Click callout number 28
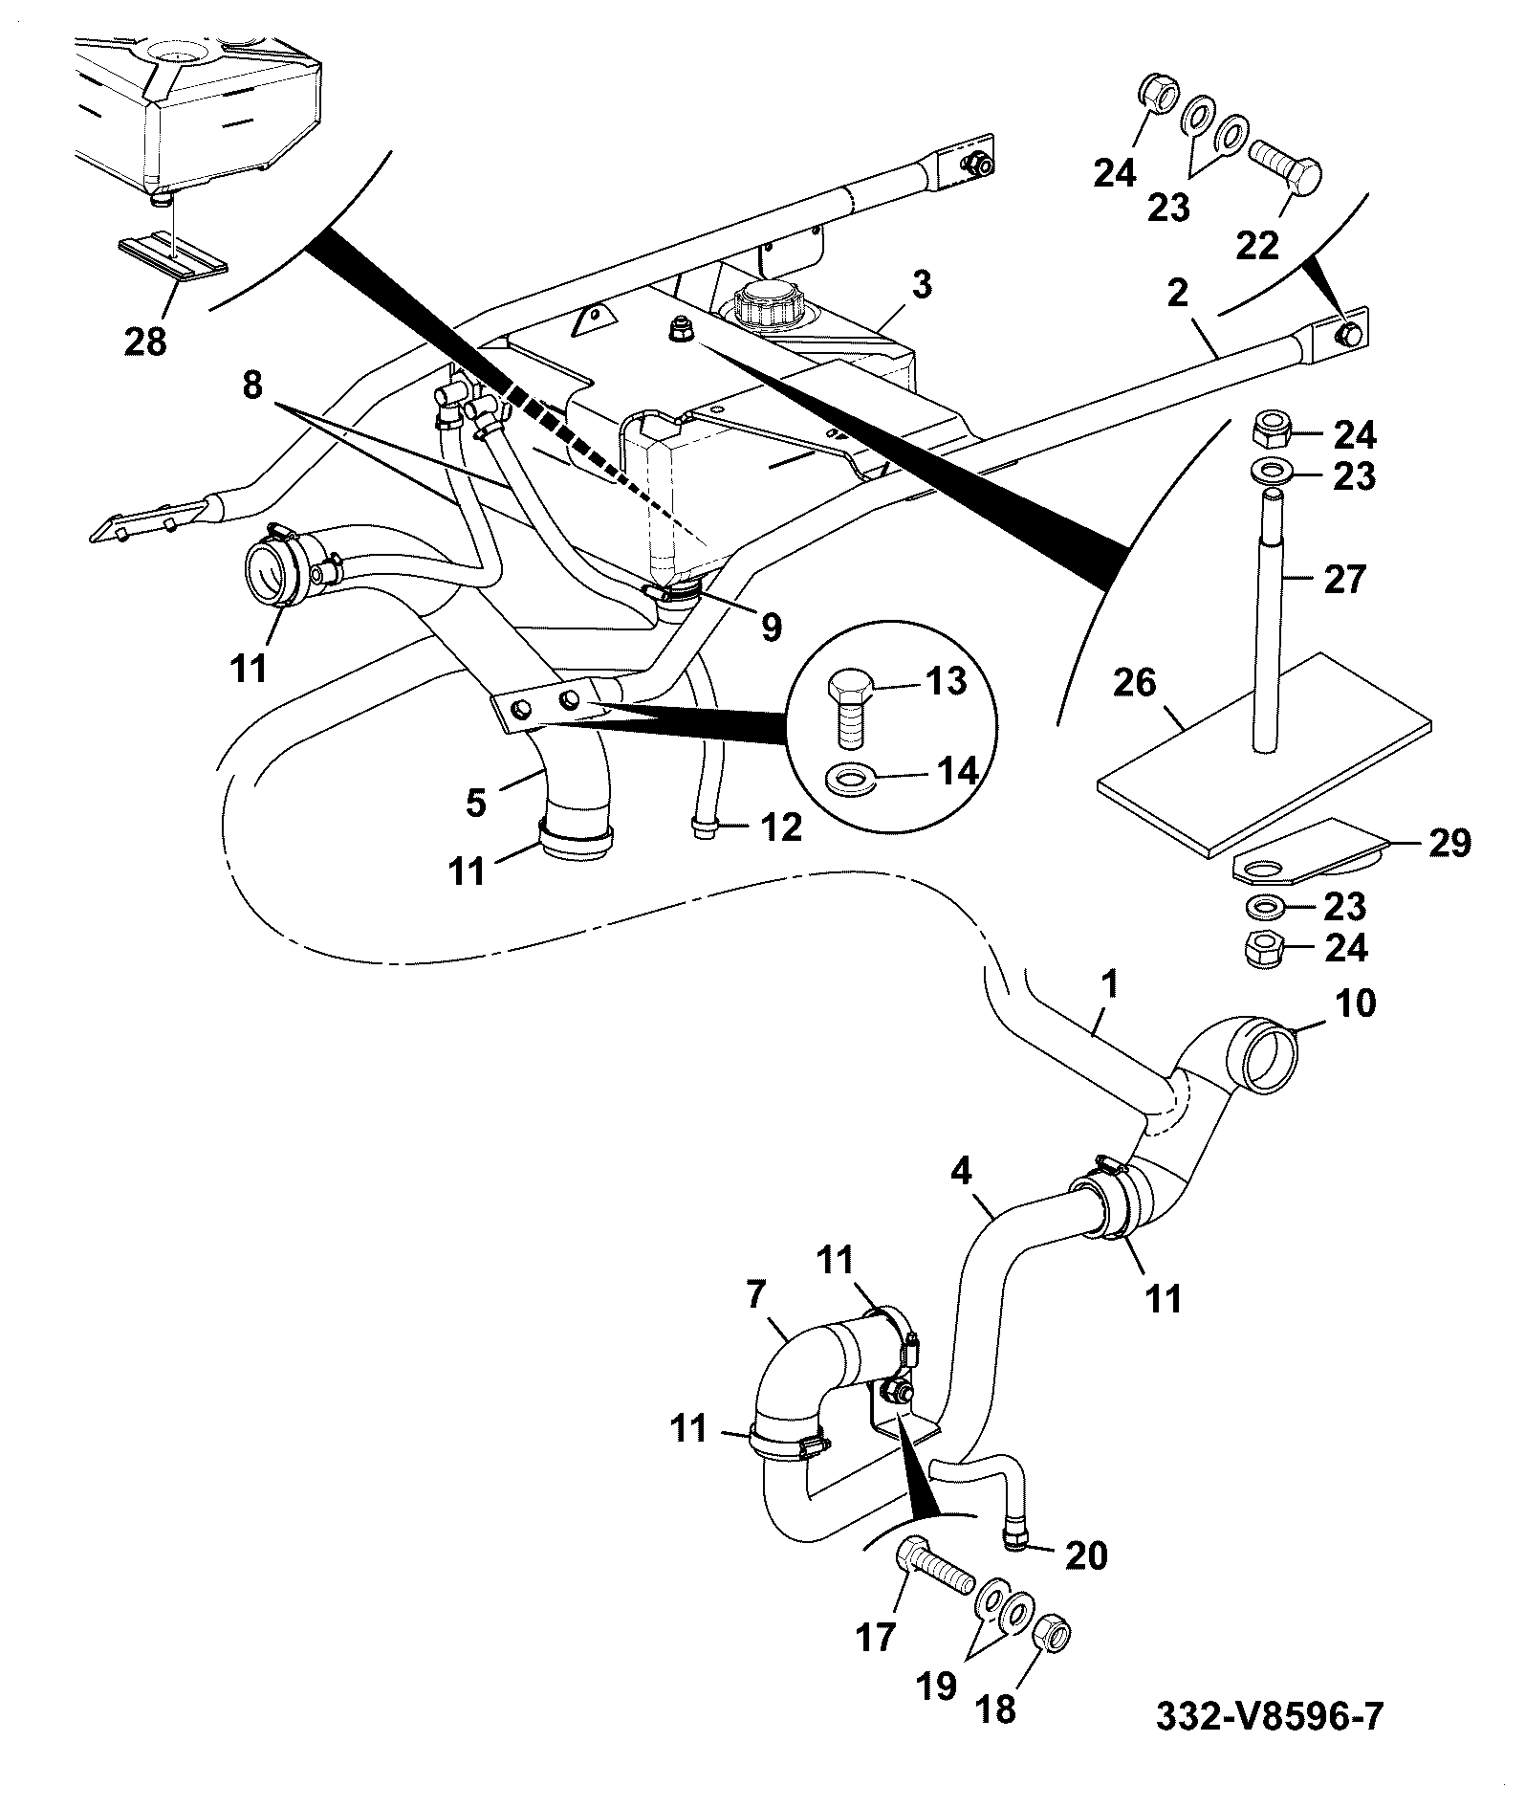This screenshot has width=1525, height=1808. (145, 341)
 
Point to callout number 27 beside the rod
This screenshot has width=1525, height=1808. (1344, 579)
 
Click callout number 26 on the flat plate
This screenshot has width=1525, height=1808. (1135, 683)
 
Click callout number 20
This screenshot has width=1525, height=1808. (1084, 1555)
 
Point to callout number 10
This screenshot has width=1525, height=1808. (1353, 1003)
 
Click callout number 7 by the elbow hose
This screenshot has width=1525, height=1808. (755, 1296)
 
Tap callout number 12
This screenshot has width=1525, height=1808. (781, 827)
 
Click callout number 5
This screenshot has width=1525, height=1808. (476, 802)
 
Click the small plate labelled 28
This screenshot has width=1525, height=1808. (173, 258)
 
